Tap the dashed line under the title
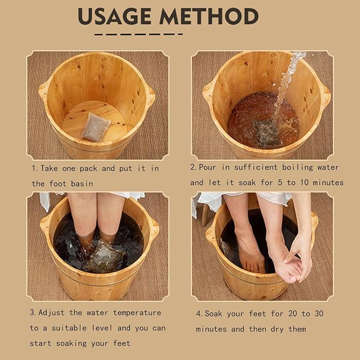138,34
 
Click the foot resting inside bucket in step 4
250,249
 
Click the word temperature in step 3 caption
135,312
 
